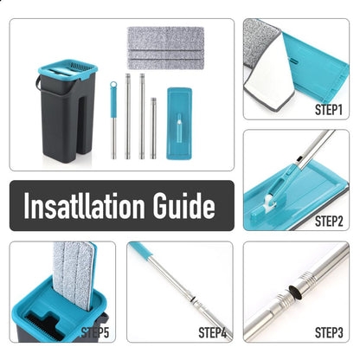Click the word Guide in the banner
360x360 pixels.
[183, 205]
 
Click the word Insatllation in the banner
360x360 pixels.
[84, 205]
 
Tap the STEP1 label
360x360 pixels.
[329, 110]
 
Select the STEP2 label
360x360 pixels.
[329, 222]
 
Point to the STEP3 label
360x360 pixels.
[329, 332]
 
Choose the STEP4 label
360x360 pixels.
[212, 332]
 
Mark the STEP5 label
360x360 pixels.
[95, 332]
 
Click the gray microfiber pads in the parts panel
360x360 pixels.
[166, 48]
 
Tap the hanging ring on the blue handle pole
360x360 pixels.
[113, 85]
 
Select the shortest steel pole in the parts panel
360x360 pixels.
[153, 128]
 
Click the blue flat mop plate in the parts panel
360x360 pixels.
[179, 124]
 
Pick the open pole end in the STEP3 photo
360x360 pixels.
[296, 292]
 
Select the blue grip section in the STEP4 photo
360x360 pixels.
[141, 248]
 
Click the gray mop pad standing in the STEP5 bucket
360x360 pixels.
[74, 275]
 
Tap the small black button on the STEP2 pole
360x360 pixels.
[299, 158]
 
